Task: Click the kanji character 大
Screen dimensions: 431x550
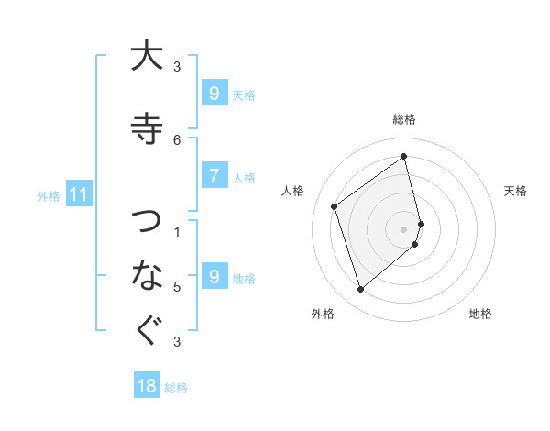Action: pyautogui.click(x=147, y=56)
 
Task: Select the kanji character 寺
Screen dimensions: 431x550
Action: pyautogui.click(x=147, y=127)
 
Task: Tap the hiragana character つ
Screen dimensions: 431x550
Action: pyautogui.click(x=147, y=221)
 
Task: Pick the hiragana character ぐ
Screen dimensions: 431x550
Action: pyautogui.click(x=147, y=330)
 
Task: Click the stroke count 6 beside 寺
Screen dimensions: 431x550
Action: pyautogui.click(x=177, y=139)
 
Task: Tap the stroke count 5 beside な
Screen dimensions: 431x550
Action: pyautogui.click(x=177, y=287)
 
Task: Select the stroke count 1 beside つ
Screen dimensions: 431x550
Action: pyautogui.click(x=177, y=232)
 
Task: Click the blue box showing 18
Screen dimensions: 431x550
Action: pyautogui.click(x=147, y=386)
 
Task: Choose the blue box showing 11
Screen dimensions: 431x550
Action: pyautogui.click(x=78, y=194)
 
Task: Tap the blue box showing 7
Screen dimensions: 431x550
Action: pyautogui.click(x=214, y=176)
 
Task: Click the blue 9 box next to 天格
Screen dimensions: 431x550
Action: pyautogui.click(x=214, y=93)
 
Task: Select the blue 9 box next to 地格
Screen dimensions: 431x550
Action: pyautogui.click(x=214, y=276)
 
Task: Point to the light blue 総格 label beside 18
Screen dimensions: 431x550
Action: pyautogui.click(x=176, y=388)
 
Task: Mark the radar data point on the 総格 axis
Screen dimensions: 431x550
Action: pyautogui.click(x=404, y=156)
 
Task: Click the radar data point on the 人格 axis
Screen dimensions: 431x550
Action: pyautogui.click(x=335, y=206)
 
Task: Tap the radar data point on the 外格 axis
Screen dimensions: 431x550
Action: pyautogui.click(x=360, y=290)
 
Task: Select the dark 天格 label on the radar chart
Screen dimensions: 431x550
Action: pyautogui.click(x=515, y=191)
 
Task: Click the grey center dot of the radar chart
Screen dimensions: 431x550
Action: pyautogui.click(x=404, y=227)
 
